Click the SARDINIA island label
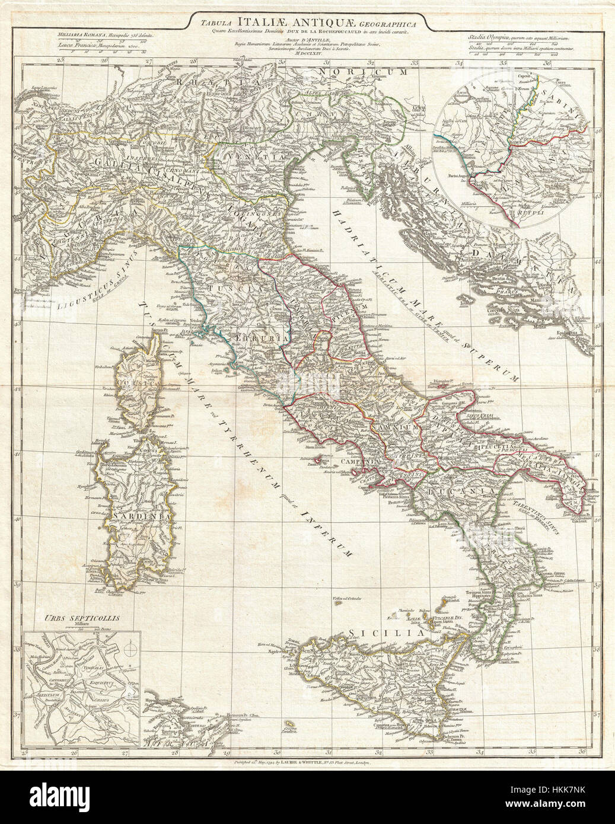coord(139,515)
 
